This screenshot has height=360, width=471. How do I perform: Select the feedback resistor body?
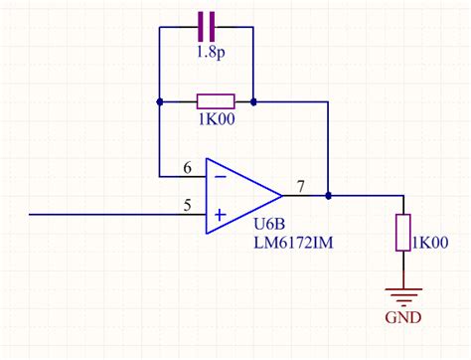215,100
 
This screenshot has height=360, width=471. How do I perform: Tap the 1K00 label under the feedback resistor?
215,123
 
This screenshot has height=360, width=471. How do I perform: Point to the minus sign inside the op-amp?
220,176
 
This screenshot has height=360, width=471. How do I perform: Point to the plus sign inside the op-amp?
220,214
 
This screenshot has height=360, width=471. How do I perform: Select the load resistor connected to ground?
403,232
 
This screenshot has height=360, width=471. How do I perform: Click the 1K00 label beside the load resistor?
432,242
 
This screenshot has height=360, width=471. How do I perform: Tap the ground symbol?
403,294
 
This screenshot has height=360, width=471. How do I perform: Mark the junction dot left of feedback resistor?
159,101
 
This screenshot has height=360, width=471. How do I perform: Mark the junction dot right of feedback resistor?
253,101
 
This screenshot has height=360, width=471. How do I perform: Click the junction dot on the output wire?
328,195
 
